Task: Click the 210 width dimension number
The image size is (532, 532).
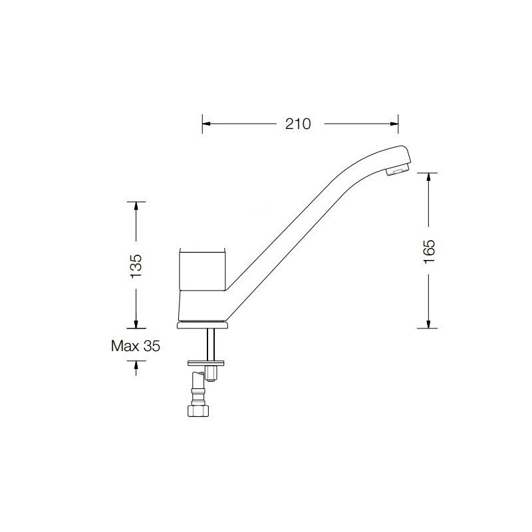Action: click(x=297, y=124)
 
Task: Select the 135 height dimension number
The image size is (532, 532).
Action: click(x=136, y=266)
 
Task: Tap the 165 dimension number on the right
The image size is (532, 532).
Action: click(x=429, y=251)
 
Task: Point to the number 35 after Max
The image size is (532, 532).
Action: click(x=152, y=346)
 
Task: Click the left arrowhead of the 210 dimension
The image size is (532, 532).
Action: click(x=207, y=124)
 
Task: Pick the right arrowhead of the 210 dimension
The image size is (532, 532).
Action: click(x=394, y=124)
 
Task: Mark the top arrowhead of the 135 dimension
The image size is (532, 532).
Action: click(x=136, y=206)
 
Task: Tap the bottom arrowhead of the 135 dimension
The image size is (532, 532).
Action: click(x=136, y=324)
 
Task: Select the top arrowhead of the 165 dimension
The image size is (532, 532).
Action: click(x=428, y=177)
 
